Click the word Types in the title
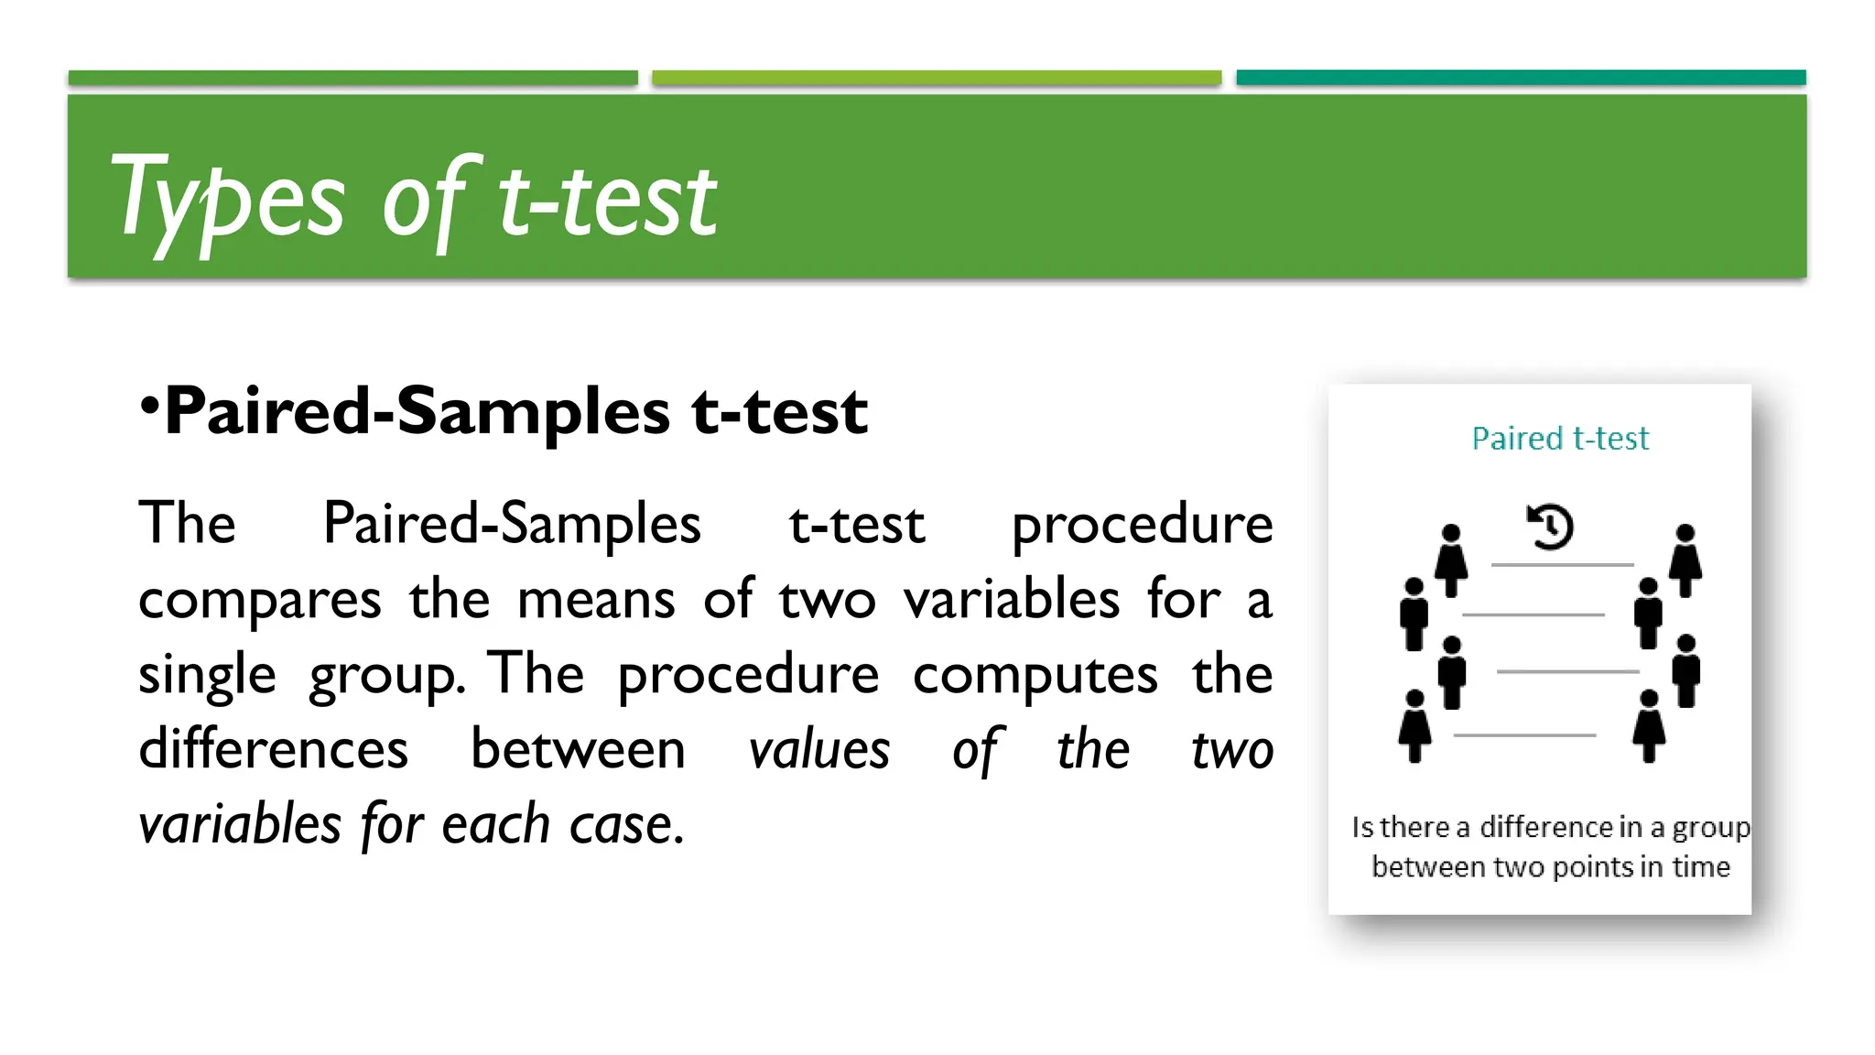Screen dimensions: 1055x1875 click(x=226, y=199)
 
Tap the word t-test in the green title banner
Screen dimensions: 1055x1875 click(x=607, y=199)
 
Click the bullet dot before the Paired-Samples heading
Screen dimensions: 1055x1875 click(x=149, y=404)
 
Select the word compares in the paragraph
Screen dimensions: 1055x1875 click(x=259, y=601)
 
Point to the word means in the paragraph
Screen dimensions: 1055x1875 click(x=596, y=601)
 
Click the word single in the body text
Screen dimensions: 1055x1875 click(x=207, y=676)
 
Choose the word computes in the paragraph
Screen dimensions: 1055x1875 click(x=1035, y=676)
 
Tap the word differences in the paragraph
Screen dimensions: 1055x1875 click(x=273, y=750)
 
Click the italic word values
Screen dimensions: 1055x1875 click(x=818, y=750)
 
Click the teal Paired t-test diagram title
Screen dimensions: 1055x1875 click(x=1560, y=439)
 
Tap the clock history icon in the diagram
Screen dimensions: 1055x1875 click(x=1550, y=527)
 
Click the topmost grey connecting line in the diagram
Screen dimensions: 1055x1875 click(x=1562, y=565)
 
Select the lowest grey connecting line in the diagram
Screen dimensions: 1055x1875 click(x=1524, y=734)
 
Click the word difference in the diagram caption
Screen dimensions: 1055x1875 click(x=1546, y=827)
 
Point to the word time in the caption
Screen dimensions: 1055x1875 click(x=1701, y=866)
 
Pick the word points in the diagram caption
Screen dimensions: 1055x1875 click(x=1593, y=866)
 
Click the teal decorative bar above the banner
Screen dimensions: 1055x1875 click(x=1521, y=78)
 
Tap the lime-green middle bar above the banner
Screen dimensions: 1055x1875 click(x=937, y=78)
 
